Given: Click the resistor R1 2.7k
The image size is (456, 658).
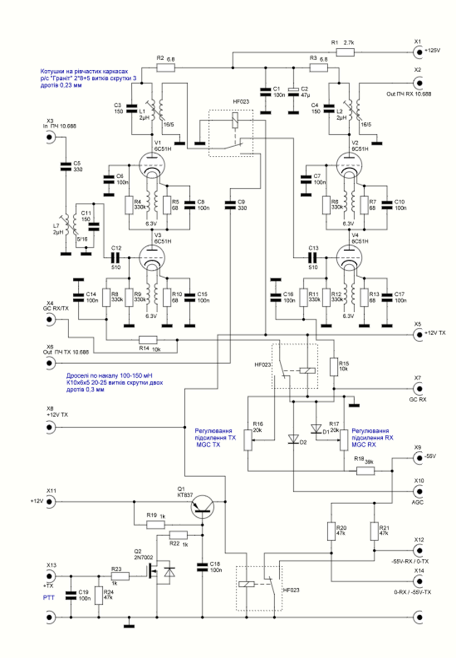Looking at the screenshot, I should pos(345,53).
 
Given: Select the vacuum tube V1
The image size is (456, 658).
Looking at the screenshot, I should pos(151,165).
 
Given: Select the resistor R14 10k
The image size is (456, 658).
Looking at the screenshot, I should pos(148,340).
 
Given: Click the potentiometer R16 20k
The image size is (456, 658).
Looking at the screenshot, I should pos(248,440).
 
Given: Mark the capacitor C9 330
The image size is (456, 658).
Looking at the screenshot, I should pos(230,205).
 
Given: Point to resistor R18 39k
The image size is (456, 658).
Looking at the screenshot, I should pos(365,471).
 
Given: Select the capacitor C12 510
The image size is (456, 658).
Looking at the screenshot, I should pos(116,257).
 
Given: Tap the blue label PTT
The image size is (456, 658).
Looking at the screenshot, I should pos(49,597).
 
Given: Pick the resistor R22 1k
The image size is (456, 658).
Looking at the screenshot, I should pos(178,535).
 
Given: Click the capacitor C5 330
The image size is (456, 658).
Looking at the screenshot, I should pos(66,166).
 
